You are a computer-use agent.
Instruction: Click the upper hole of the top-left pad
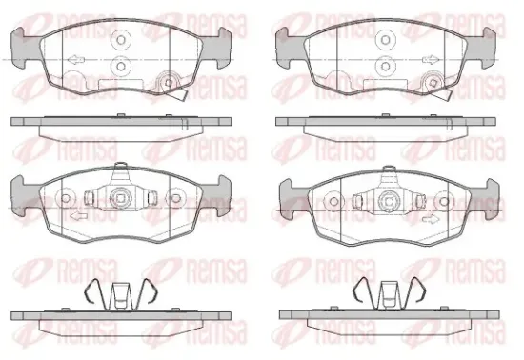pos(121,41)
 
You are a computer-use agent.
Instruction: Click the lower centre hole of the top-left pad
pos(121,66)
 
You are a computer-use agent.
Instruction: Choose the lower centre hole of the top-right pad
pos(385,66)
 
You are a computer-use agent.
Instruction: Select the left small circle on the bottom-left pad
pos(66,200)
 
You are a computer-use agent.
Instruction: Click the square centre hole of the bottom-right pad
pos(385,201)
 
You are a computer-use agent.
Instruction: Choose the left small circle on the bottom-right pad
pos(331,200)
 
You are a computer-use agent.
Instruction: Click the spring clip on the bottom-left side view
pos(121,293)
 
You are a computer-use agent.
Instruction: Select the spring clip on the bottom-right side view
pos(385,293)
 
